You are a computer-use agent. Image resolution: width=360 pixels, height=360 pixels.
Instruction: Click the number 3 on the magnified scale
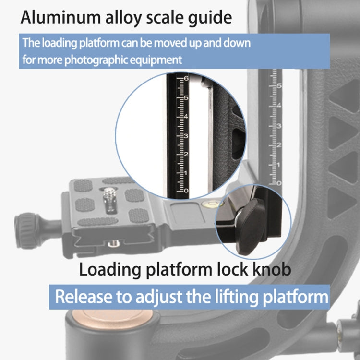click(x=186, y=136)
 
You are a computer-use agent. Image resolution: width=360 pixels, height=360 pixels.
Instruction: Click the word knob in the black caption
click(x=269, y=269)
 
